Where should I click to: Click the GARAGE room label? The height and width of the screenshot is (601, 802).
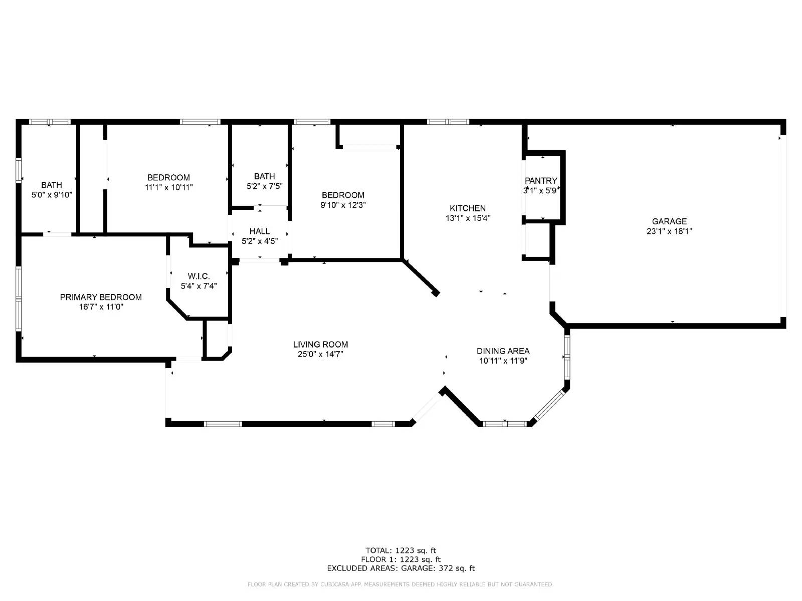(x=669, y=221)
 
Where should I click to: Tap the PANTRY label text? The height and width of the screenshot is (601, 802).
(x=541, y=181)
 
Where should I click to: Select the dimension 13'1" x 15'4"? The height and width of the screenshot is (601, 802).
(x=468, y=218)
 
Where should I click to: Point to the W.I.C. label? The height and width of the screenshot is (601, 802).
(x=199, y=276)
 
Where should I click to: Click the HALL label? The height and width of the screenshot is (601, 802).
(x=260, y=231)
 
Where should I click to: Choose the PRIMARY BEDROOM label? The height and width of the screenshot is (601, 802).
(x=101, y=297)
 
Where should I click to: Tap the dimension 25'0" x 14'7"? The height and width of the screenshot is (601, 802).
(x=321, y=355)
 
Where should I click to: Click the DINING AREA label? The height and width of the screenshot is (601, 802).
(x=503, y=351)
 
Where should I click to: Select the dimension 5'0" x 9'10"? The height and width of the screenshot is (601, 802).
(x=52, y=195)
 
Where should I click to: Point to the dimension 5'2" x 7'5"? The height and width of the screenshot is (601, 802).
(x=265, y=186)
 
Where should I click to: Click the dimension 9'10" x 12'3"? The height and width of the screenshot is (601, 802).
(x=343, y=205)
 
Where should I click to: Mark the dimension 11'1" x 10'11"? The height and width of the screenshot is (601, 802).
(x=168, y=187)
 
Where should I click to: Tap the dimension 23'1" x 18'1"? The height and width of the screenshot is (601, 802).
(x=669, y=231)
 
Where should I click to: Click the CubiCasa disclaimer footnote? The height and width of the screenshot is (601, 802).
(x=400, y=584)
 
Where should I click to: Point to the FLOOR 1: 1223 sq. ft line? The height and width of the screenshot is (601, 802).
(x=400, y=559)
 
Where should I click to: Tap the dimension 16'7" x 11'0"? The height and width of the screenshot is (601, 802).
(x=101, y=307)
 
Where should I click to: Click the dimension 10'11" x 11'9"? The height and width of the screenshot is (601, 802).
(x=503, y=361)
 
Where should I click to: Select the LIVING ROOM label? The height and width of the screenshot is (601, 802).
(x=321, y=345)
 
